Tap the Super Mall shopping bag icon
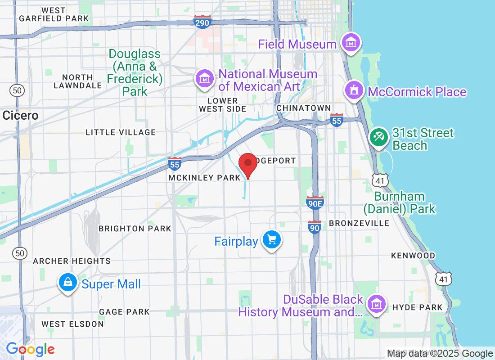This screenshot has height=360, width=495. (x=67, y=283)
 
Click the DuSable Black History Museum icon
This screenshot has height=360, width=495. (x=376, y=305)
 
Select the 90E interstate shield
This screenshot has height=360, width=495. (x=315, y=203)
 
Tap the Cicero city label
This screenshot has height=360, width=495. (x=21, y=116)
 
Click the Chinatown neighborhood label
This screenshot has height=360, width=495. (x=304, y=108)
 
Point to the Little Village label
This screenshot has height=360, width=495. (x=121, y=132)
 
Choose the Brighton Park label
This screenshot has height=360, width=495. (x=135, y=229)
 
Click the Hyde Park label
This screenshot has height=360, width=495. (x=418, y=307)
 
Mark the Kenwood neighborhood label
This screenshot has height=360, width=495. (x=413, y=256)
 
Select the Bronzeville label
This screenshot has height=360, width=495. (x=359, y=223)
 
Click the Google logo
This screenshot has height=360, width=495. (x=30, y=349)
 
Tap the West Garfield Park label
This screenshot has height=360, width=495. (x=54, y=14)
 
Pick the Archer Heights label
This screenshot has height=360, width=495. (x=72, y=261)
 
